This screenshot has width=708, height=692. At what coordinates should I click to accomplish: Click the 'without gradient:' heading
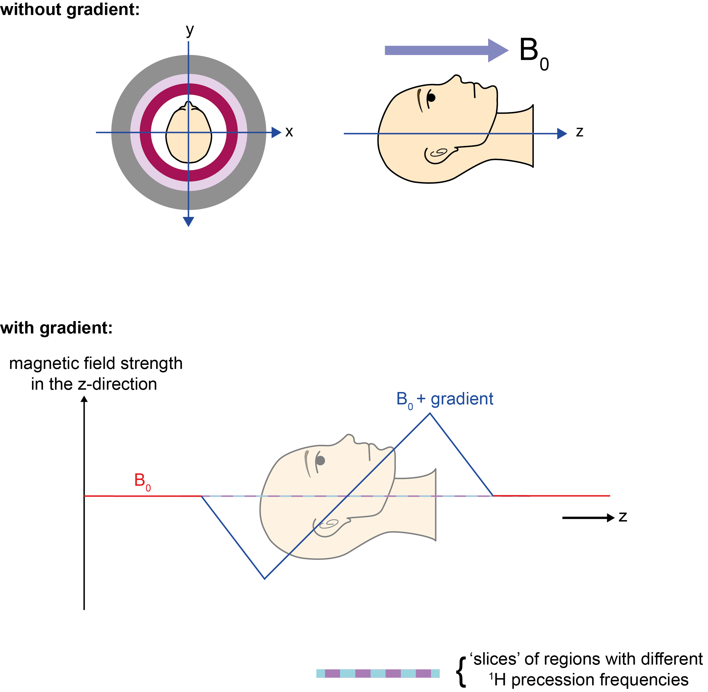[70, 9]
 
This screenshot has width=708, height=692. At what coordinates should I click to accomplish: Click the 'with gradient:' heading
[56, 328]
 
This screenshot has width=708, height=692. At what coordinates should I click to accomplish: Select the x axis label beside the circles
[289, 132]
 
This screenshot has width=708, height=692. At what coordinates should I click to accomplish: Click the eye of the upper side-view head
[431, 97]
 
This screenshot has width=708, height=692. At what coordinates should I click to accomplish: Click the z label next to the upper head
[579, 132]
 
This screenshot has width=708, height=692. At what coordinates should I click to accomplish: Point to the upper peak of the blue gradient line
[430, 414]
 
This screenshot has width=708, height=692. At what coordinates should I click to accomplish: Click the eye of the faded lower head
[320, 460]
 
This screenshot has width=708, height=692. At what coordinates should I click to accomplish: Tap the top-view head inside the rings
[188, 133]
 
